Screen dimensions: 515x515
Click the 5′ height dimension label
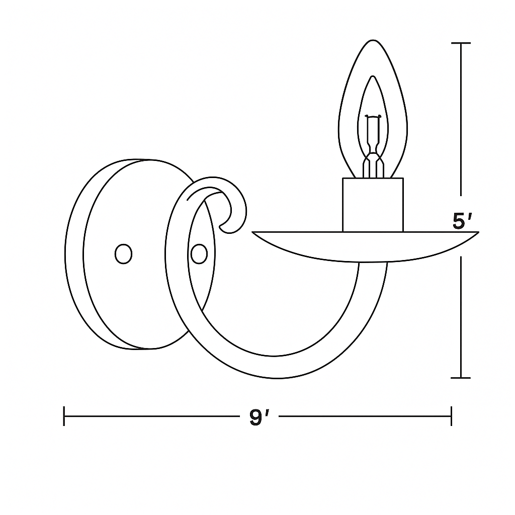pos(462,221)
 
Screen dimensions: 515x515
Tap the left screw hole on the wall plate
pos(123,254)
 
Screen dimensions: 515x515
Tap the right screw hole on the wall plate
pos(199,254)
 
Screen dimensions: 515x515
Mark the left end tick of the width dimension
pos(64,416)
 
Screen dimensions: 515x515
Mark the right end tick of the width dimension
pos(451,416)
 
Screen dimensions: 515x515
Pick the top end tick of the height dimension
pos(461,44)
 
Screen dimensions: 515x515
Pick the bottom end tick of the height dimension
pos(461,377)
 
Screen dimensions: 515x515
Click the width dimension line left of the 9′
pos(151,416)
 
